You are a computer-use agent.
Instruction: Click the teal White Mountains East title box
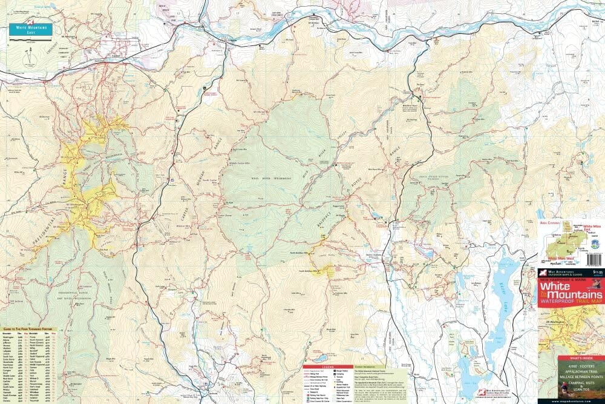point(30,28)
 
